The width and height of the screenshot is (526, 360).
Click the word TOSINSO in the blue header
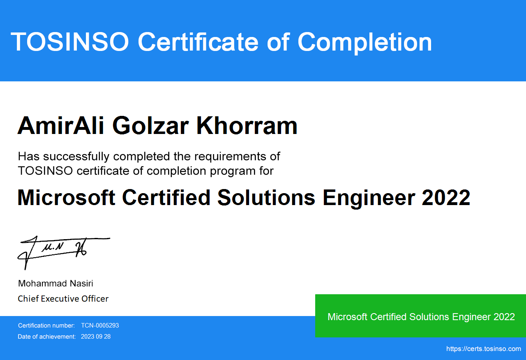pos(70,42)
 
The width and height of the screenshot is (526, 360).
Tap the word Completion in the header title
pos(365,42)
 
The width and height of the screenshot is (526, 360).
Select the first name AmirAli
pos(61,126)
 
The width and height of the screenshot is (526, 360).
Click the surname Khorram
pos(247,126)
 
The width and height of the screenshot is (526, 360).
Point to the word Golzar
pos(150,126)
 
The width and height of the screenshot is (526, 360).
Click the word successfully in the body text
pos(76,157)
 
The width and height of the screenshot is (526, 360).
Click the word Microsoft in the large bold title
pos(66,198)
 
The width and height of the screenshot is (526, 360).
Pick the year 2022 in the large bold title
pos(446,198)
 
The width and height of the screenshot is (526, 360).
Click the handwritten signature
pos(64,253)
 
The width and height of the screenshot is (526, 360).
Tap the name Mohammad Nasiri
pos(55,284)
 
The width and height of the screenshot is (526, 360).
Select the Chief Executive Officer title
pos(63,299)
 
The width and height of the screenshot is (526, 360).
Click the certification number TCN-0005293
pos(100,325)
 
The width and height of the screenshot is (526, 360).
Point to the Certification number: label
pos(46,325)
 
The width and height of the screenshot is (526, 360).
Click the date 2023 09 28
pos(96,337)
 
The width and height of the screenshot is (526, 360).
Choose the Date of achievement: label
pos(47,337)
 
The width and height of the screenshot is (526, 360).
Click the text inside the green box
pos(421,317)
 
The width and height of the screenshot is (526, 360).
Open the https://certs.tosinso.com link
pos(484,349)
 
